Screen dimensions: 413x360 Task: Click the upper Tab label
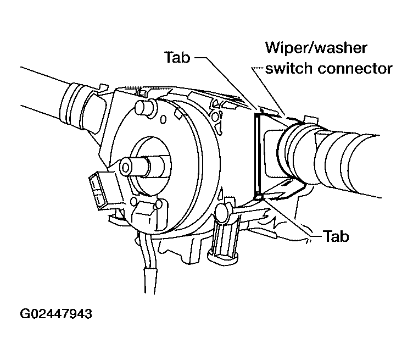pos(177,57)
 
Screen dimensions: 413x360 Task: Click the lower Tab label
pos(336,236)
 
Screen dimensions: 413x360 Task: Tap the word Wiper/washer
pos(316,48)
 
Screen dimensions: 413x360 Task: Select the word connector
pos(355,69)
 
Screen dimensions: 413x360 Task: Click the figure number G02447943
pos(56,314)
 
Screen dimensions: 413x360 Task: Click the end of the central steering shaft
pos(126,167)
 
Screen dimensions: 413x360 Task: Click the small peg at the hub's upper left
pos(143,107)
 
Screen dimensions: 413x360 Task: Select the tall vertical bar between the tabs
pos(258,156)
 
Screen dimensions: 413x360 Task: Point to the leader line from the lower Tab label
pos(291,218)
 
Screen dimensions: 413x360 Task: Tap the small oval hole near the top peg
pos(163,120)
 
